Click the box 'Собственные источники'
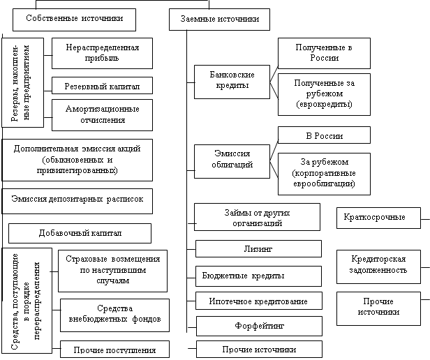(73, 20)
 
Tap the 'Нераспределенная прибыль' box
(102, 53)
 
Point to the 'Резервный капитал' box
(102, 86)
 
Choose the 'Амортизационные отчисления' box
(102, 114)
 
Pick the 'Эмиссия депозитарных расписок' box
(77, 199)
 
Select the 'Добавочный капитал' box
(80, 232)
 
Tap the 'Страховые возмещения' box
(112, 270)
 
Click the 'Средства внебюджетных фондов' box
(114, 314)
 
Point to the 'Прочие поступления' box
(114, 348)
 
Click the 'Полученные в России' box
(324, 53)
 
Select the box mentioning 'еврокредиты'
(324, 93)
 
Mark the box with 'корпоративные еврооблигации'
(324, 174)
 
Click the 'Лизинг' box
(258, 248)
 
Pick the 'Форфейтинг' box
(258, 325)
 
